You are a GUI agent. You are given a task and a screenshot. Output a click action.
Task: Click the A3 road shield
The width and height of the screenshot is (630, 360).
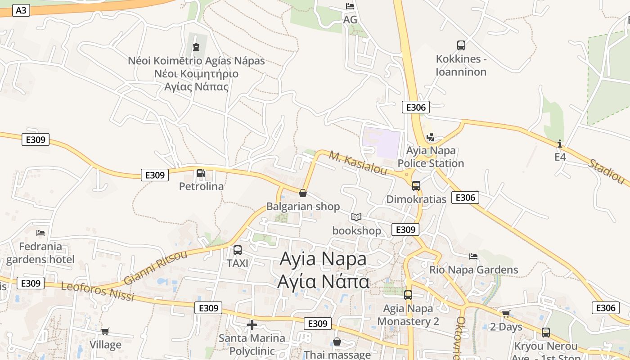(21, 10)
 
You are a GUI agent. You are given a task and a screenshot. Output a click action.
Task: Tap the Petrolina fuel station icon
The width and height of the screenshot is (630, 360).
(201, 173)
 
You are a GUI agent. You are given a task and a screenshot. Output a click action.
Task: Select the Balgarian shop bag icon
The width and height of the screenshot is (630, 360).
(303, 193)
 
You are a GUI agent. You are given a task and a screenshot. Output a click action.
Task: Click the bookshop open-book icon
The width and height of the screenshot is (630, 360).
(356, 217)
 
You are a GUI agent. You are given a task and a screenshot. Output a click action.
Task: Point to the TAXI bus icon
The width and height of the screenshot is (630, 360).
(238, 250)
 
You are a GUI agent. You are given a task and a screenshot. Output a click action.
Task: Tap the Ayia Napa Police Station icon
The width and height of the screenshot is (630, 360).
(430, 137)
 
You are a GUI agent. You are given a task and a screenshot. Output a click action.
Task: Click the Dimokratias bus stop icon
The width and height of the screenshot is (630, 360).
(416, 185)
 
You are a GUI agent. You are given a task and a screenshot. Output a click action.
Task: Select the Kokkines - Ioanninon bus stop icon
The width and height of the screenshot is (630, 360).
(461, 45)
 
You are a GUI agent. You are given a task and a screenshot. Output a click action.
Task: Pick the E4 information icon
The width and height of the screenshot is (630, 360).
(560, 144)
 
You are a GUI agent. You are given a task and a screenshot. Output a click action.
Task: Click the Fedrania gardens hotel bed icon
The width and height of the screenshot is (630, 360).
(40, 233)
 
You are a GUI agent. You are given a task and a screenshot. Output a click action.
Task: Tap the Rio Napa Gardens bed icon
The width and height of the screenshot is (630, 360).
(473, 256)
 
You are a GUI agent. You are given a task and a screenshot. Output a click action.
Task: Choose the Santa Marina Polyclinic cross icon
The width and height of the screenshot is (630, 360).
(252, 324)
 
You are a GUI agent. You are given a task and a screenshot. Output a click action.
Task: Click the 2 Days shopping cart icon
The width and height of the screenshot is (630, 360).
(506, 314)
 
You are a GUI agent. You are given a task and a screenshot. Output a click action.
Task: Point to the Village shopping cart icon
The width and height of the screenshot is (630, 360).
(105, 332)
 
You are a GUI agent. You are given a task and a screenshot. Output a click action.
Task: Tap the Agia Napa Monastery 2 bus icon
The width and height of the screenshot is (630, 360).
(408, 295)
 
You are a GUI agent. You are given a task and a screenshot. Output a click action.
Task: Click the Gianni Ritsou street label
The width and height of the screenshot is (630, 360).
(155, 268)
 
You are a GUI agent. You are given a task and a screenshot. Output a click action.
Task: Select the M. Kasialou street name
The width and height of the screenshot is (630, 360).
(358, 163)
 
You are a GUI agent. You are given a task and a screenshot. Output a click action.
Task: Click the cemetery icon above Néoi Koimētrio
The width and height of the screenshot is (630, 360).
(196, 47)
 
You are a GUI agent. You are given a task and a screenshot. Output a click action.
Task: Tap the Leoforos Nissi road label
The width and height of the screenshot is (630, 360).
(98, 292)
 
